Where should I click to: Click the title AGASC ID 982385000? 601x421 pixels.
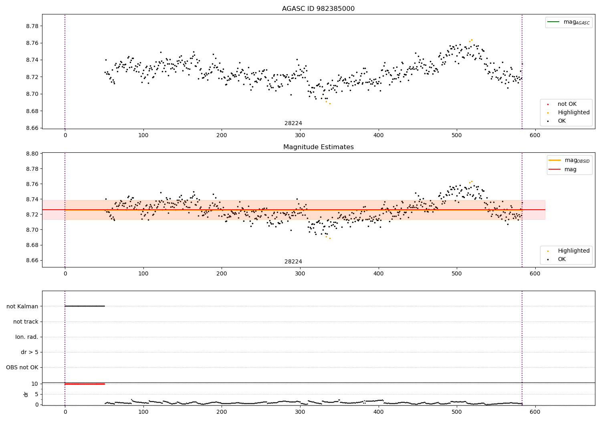318,9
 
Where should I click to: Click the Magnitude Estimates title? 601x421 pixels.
318,147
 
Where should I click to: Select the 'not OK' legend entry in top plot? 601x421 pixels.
567,104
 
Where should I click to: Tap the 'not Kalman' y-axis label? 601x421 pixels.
22,306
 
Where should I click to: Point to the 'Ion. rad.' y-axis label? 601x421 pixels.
27,337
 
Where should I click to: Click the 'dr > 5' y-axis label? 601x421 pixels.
30,352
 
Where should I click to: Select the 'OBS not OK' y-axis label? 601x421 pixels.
22,367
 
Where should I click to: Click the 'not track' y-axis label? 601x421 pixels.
26,322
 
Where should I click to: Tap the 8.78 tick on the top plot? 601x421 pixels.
32,26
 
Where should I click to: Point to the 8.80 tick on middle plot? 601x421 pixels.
32,154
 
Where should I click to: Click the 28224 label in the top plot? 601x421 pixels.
293,123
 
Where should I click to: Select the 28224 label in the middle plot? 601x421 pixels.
293,262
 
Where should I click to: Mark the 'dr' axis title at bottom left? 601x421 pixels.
26,394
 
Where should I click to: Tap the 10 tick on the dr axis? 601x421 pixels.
35,384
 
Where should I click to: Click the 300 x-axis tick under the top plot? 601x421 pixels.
300,136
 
